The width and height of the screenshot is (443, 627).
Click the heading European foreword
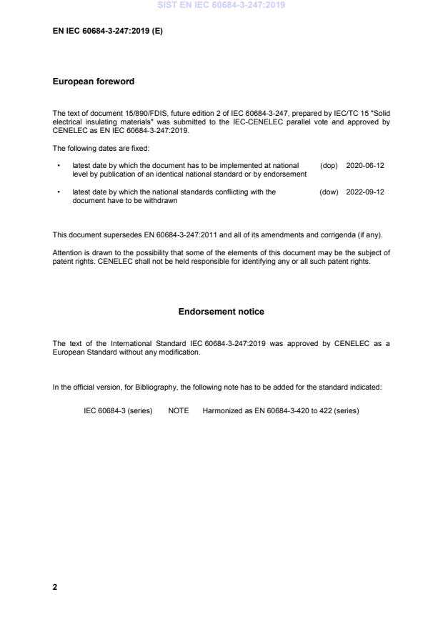(x=94, y=82)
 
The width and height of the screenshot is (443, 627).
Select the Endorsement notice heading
(x=221, y=312)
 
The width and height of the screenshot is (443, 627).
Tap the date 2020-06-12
(x=365, y=165)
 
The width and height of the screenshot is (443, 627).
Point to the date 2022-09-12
(x=365, y=192)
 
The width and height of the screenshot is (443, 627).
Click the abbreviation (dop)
(x=329, y=165)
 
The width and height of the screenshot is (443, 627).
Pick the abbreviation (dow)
(x=329, y=192)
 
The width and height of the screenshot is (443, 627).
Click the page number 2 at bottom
(x=55, y=587)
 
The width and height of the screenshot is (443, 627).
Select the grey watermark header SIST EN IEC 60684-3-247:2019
(x=221, y=4)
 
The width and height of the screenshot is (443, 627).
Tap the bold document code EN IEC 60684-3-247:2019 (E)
(x=108, y=31)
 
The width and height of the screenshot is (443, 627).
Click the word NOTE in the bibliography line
(x=179, y=410)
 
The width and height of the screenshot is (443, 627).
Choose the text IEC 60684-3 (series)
(x=118, y=410)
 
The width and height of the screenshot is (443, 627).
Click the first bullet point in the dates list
(x=58, y=166)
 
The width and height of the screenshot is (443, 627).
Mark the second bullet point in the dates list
(x=58, y=192)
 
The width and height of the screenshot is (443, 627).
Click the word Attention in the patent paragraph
(x=68, y=252)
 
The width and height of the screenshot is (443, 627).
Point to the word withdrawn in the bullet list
(x=161, y=201)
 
